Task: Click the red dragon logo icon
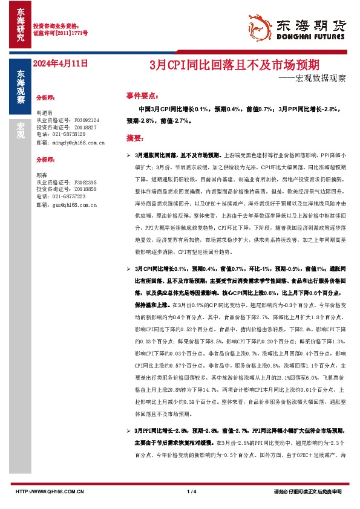click(261, 27)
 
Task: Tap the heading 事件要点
click(142, 96)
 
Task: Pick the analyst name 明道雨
click(45, 113)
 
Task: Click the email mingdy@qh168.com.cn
click(70, 142)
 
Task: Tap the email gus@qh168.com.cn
click(67, 205)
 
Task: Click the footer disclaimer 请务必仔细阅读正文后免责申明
click(308, 492)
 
